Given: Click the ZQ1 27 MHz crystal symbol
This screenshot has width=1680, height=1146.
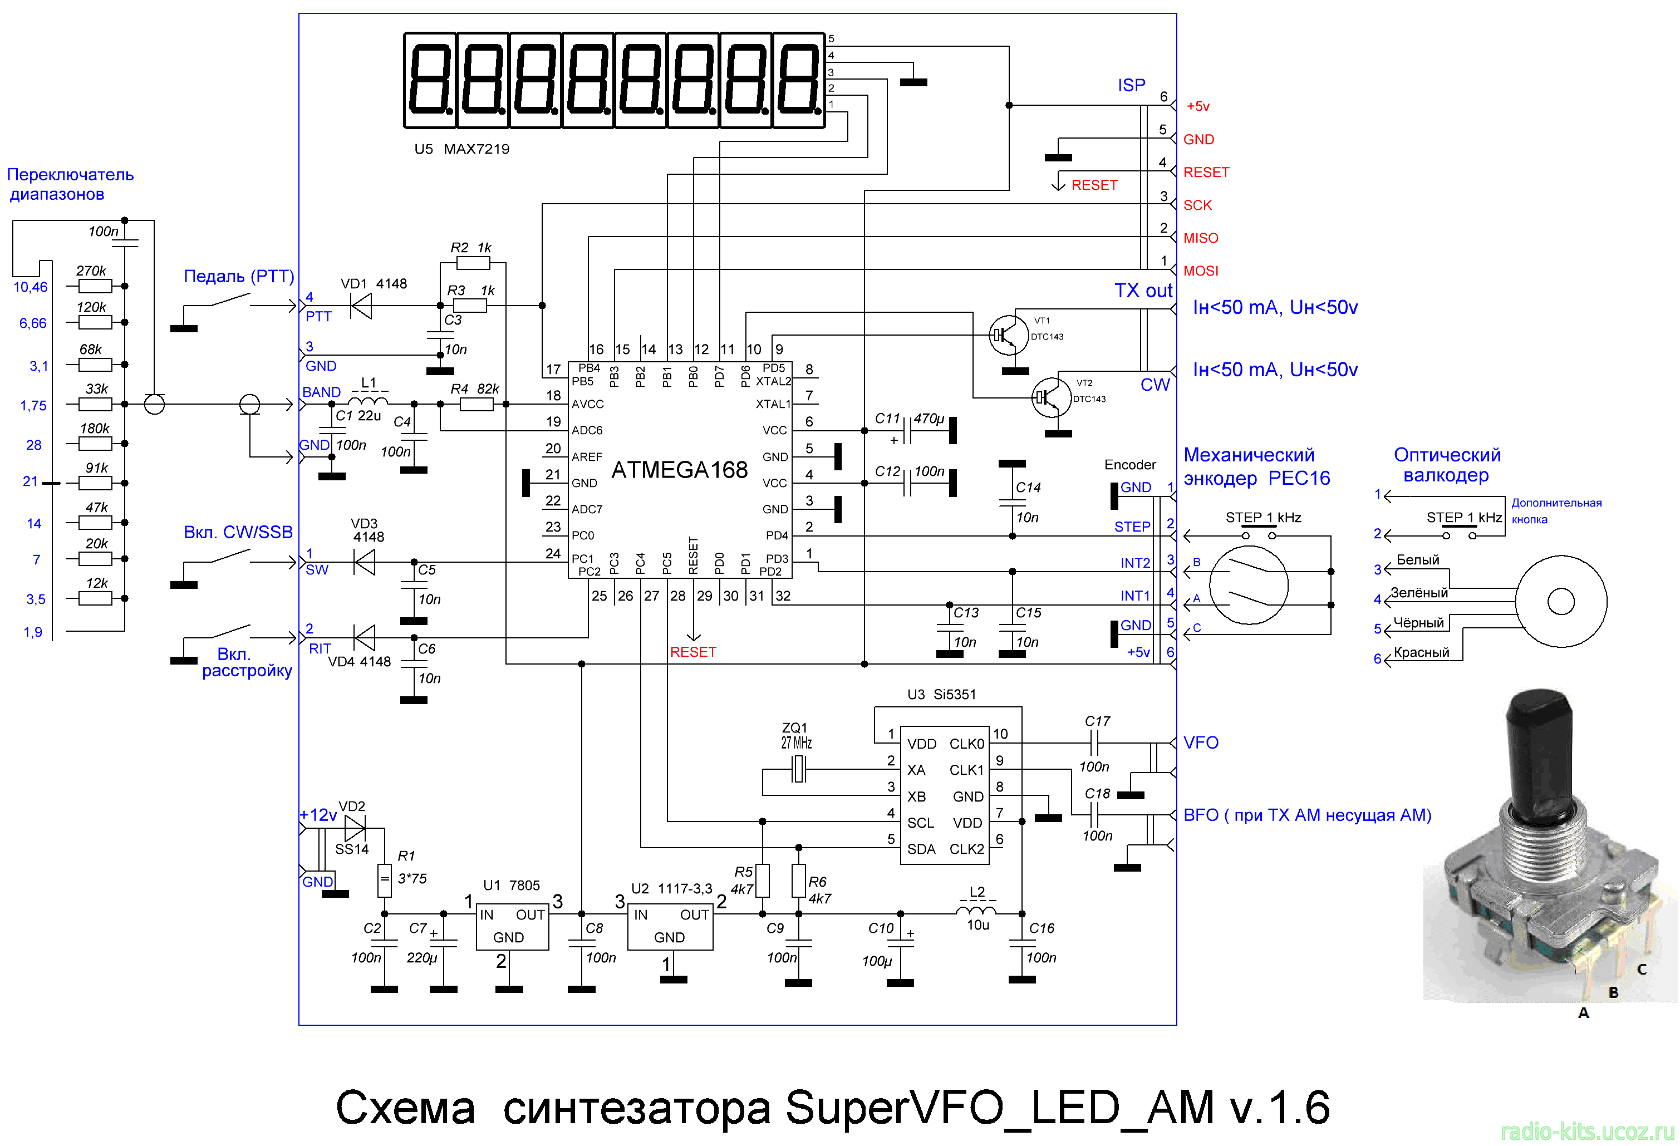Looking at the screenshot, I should click(x=798, y=769).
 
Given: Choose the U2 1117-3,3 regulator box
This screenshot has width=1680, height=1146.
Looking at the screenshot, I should click(x=670, y=927).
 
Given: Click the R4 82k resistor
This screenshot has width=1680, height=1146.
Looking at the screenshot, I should click(x=477, y=405).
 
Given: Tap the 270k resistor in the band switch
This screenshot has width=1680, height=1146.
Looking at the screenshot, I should click(x=95, y=286).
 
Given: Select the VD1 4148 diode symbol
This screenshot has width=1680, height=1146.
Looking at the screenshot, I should click(x=361, y=306).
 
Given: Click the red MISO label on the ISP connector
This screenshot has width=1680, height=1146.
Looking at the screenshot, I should click(x=1200, y=238).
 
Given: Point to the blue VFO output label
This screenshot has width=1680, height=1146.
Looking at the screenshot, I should click(x=1200, y=743).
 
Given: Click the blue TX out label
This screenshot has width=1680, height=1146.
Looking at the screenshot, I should click(x=1142, y=291).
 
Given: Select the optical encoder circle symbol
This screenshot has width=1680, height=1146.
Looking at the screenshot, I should click(x=1561, y=601).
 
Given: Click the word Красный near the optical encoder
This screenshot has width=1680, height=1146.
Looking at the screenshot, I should click(x=1421, y=652).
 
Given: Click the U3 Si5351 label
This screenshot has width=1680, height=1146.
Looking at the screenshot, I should click(x=941, y=695).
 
